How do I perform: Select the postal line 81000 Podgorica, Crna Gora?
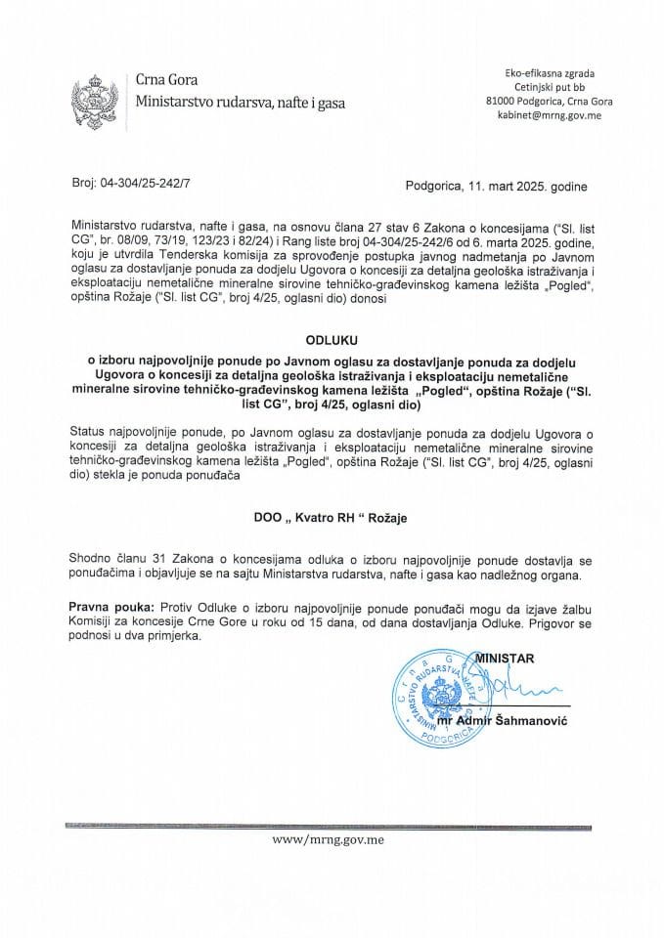(548, 101)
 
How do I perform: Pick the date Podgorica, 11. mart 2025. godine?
(496, 184)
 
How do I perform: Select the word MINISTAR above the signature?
(503, 659)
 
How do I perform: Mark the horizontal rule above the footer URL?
(332, 826)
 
